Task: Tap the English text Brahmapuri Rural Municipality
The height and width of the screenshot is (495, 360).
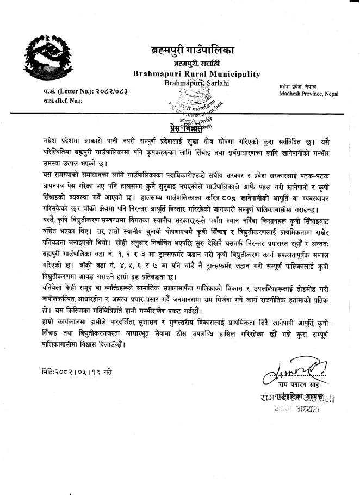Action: point(196,74)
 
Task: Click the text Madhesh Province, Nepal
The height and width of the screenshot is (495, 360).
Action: point(308,94)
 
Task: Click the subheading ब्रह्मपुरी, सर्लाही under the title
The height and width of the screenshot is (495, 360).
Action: point(194,64)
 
